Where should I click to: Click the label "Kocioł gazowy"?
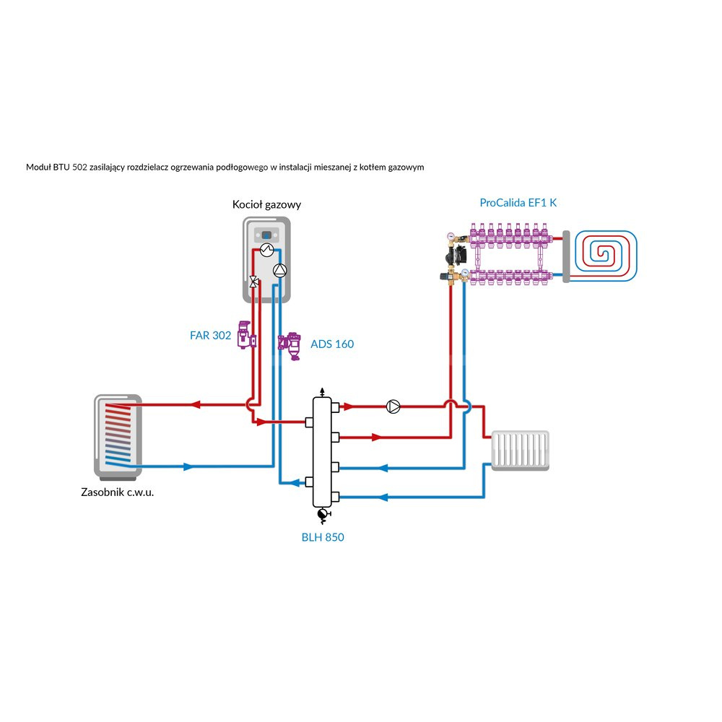(266, 204)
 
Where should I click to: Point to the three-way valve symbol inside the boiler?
(253, 282)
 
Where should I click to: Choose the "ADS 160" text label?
(332, 344)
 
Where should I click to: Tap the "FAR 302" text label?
(211, 335)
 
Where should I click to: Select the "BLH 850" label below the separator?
(323, 537)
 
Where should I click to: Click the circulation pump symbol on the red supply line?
(393, 406)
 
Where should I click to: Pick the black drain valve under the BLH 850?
(322, 514)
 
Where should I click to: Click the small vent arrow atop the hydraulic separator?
(322, 391)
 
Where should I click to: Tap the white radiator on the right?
(520, 451)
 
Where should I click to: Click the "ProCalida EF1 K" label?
(518, 203)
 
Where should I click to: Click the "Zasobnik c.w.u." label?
(118, 493)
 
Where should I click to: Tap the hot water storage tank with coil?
(118, 437)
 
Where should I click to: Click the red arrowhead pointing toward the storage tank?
(194, 405)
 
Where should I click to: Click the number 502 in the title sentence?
(81, 167)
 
